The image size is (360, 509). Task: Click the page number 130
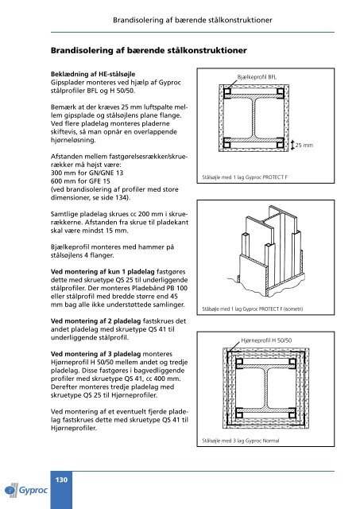(61, 480)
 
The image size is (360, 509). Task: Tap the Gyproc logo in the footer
(26, 490)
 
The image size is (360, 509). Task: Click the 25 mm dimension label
(304, 145)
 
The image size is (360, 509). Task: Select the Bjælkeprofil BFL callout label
(257, 77)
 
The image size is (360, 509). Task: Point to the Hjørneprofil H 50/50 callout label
(266, 340)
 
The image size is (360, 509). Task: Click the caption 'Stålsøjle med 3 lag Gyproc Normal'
(240, 441)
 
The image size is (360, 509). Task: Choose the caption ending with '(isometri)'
(253, 309)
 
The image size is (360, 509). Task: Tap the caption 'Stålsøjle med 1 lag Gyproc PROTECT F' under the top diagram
(245, 177)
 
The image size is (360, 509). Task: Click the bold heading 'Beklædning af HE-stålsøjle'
(93, 74)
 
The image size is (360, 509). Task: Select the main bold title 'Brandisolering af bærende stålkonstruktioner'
(149, 50)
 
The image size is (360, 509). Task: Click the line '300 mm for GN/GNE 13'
(87, 173)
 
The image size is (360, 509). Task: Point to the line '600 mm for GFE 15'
(80, 181)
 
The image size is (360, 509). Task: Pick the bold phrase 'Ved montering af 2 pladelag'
(95, 321)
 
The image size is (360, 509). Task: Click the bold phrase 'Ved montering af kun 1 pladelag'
(103, 272)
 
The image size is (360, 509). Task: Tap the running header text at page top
(192, 20)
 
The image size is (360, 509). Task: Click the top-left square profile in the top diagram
(227, 91)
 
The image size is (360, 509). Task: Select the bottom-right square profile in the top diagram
(281, 144)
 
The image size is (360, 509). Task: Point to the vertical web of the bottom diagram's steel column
(266, 387)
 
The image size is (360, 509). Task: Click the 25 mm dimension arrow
(292, 145)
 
